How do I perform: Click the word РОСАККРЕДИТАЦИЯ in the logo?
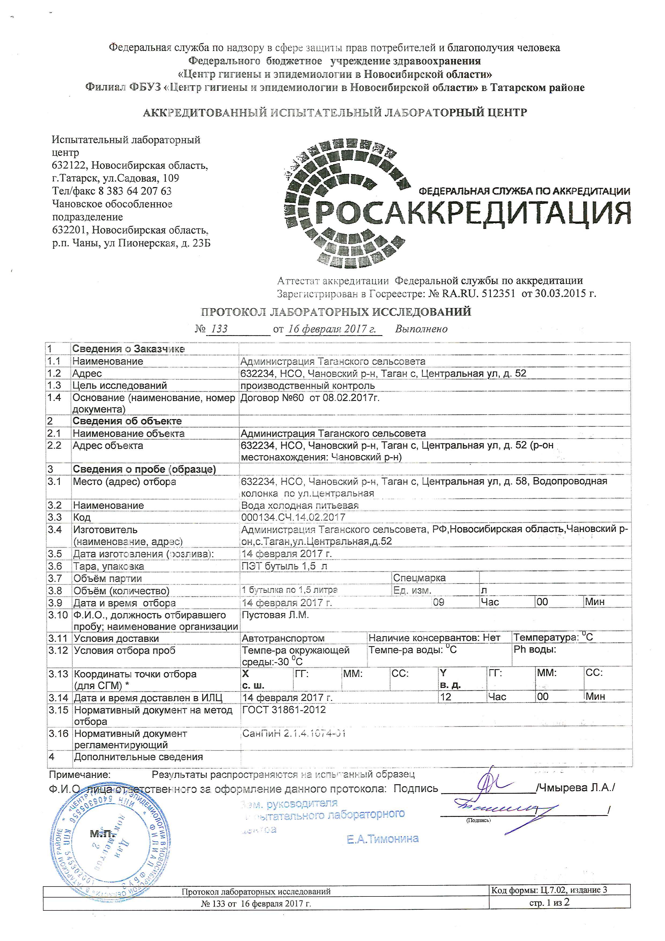pos(473,213)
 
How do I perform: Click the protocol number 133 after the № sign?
pos(219,329)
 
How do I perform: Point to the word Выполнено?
pos(421,329)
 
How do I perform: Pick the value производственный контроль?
pos(308,386)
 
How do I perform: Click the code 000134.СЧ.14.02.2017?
pos(293,518)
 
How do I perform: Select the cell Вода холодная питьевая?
pos(300,506)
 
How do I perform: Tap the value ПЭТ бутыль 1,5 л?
pos(285,566)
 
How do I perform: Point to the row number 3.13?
pos(58,674)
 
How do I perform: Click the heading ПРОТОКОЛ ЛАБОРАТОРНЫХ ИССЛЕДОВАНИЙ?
pos(336,312)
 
